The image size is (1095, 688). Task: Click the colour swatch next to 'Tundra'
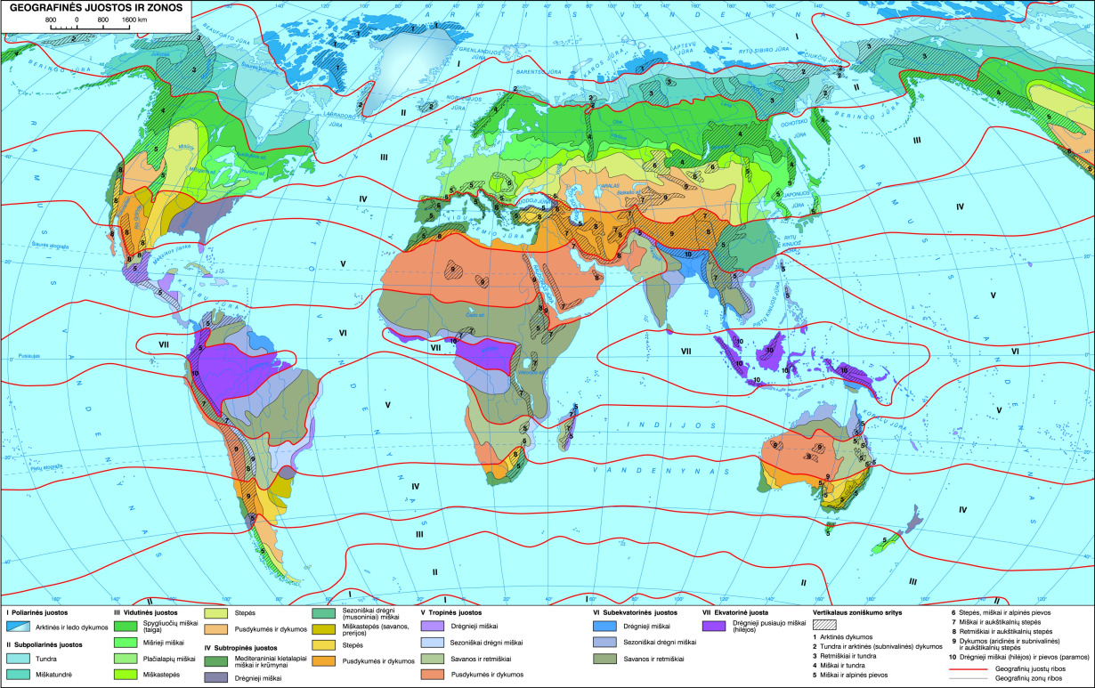coord(19,659)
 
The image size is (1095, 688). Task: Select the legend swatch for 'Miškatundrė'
coord(19,675)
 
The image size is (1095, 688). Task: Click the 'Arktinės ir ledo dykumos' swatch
coord(19,627)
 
